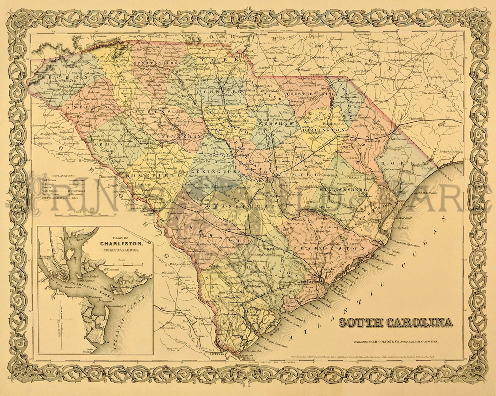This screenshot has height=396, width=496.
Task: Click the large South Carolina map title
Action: coord(396,323)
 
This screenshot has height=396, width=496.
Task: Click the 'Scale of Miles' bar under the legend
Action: coord(79,214)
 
